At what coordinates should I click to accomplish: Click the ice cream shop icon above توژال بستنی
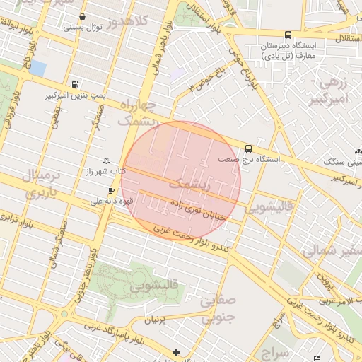tap(83, 16)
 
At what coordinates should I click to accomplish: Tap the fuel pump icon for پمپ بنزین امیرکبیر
tap(76, 83)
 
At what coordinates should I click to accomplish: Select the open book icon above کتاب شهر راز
tap(106, 161)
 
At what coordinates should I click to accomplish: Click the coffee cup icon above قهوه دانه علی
tap(111, 191)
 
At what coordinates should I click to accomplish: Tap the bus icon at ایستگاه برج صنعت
tap(248, 148)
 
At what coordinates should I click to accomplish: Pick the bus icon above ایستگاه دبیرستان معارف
tap(288, 35)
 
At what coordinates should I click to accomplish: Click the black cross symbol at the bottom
tap(176, 351)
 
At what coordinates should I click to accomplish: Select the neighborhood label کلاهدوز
tap(130, 21)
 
